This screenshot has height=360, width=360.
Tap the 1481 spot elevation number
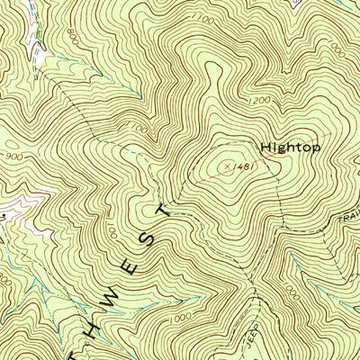(x=238, y=166)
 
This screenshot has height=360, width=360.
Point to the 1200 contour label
(x=258, y=100)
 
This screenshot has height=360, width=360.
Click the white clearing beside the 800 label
(x=38, y=45)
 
